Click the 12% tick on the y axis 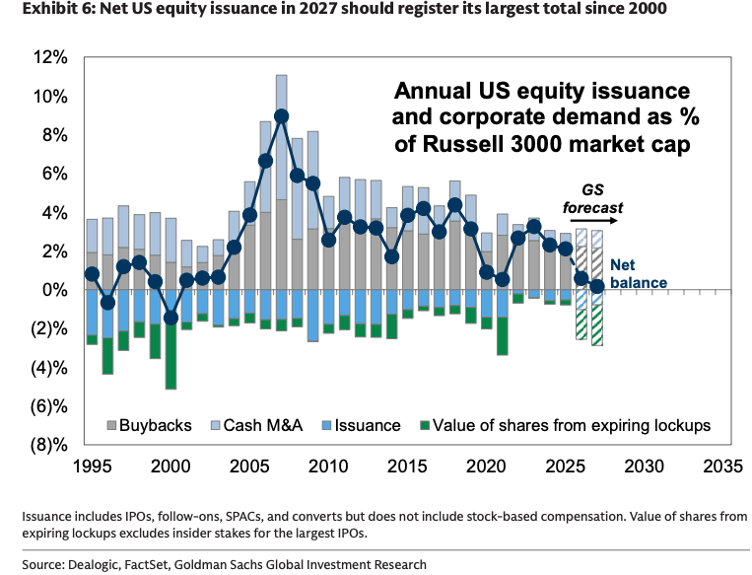pyautogui.click(x=50, y=57)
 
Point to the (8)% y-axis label pyautogui.click(x=49, y=446)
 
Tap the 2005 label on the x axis pyautogui.click(x=249, y=467)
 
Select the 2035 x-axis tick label pyautogui.click(x=722, y=467)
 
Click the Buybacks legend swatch pyautogui.click(x=111, y=425)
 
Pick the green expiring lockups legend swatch pyautogui.click(x=425, y=425)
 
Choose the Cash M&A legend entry pyautogui.click(x=257, y=425)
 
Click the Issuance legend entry pyautogui.click(x=362, y=425)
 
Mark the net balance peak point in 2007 pyautogui.click(x=282, y=116)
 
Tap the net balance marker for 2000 pyautogui.click(x=171, y=318)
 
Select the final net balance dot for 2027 pyautogui.click(x=597, y=287)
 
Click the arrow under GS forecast pyautogui.click(x=593, y=221)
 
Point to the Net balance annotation pyautogui.click(x=639, y=273)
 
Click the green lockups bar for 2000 pyautogui.click(x=171, y=356)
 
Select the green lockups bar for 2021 pyautogui.click(x=502, y=336)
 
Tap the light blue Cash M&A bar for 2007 pyautogui.click(x=282, y=137)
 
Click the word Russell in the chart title pyautogui.click(x=464, y=144)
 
